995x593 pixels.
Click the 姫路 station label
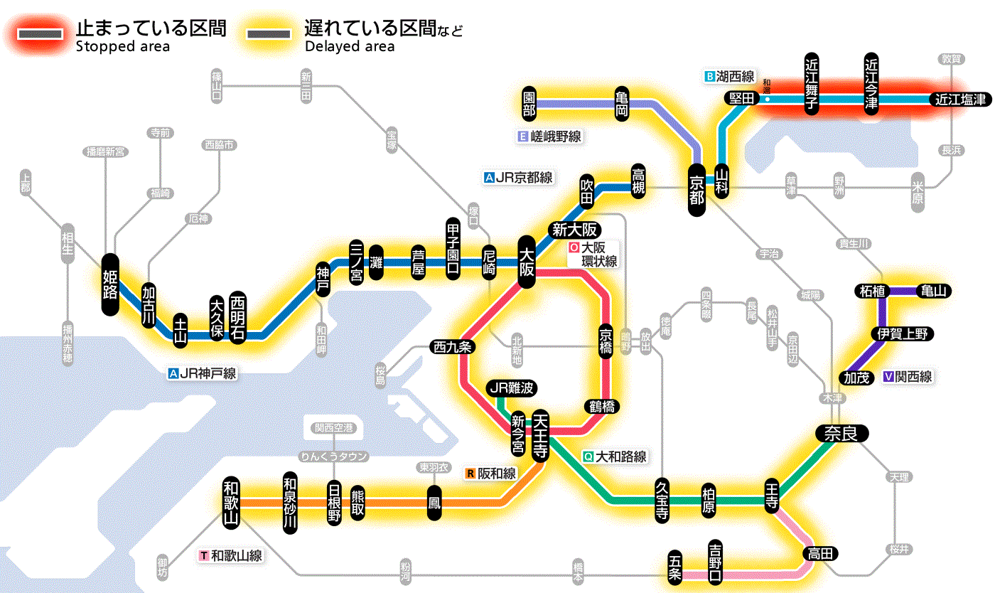[x=110, y=284]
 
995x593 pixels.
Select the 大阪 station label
[x=527, y=262]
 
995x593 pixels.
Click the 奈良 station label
[x=841, y=432]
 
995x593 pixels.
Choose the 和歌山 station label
[x=231, y=501]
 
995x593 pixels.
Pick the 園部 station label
[x=529, y=105]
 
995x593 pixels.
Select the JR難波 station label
[x=511, y=388]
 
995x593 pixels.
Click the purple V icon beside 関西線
[x=888, y=378]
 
